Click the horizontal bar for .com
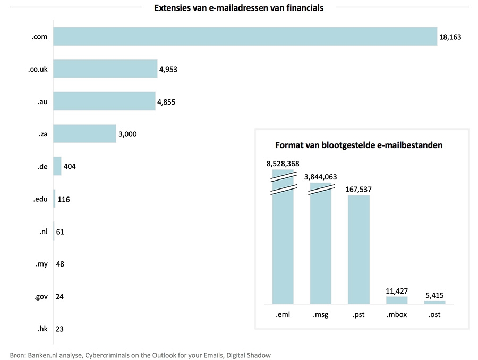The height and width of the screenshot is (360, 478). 245,37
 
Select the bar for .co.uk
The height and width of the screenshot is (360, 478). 105,68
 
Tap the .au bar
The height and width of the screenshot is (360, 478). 104,101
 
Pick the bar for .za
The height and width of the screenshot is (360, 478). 84,133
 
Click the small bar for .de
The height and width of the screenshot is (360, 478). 57,166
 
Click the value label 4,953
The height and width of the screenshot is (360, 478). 169,69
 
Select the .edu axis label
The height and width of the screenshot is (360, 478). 40,199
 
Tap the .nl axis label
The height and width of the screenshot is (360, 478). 44,232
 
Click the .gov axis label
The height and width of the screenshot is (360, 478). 40,296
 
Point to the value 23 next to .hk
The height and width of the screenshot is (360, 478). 59,329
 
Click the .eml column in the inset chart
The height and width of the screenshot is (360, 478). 283,244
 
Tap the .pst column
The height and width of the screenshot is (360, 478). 358,250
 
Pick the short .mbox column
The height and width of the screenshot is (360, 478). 396,300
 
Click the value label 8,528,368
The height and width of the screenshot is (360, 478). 283,164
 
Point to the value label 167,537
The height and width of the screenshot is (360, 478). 358,188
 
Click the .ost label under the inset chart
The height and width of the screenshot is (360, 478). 434,314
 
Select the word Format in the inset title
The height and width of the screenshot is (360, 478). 288,145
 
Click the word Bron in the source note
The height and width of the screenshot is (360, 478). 19,354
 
